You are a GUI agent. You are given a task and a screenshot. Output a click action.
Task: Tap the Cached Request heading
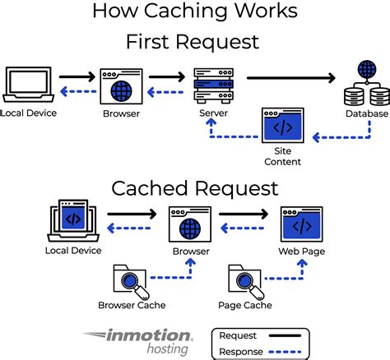(195, 189)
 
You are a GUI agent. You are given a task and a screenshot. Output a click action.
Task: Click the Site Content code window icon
(282, 127)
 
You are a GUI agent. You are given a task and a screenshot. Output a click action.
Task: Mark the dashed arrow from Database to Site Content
(337, 136)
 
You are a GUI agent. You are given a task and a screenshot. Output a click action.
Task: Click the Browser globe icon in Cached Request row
(190, 224)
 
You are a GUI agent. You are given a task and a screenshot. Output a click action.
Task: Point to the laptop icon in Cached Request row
(73, 218)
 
